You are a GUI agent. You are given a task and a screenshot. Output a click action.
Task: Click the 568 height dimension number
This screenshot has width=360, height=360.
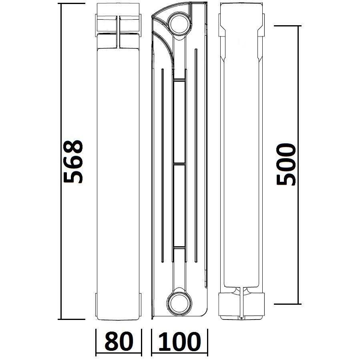[73, 161]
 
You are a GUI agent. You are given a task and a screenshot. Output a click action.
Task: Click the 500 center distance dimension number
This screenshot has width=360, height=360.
[286, 164]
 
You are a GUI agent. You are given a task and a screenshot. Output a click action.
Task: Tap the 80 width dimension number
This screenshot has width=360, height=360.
[119, 342]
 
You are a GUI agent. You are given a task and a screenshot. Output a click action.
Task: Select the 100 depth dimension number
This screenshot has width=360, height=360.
[179, 342]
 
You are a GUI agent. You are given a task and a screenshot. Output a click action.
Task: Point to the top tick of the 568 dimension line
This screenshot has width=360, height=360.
[72, 4]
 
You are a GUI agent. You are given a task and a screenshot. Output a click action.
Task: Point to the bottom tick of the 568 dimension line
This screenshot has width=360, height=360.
[72, 319]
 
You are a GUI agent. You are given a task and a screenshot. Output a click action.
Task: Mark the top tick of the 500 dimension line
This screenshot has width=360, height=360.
[287, 26]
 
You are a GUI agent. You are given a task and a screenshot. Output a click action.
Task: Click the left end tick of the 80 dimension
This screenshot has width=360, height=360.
[96, 342]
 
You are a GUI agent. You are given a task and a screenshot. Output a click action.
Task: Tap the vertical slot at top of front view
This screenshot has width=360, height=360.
[119, 32]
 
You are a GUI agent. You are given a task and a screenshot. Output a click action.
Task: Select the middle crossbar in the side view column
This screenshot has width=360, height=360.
[179, 164]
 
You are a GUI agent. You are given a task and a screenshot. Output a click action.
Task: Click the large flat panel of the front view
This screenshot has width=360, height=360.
[119, 168]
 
